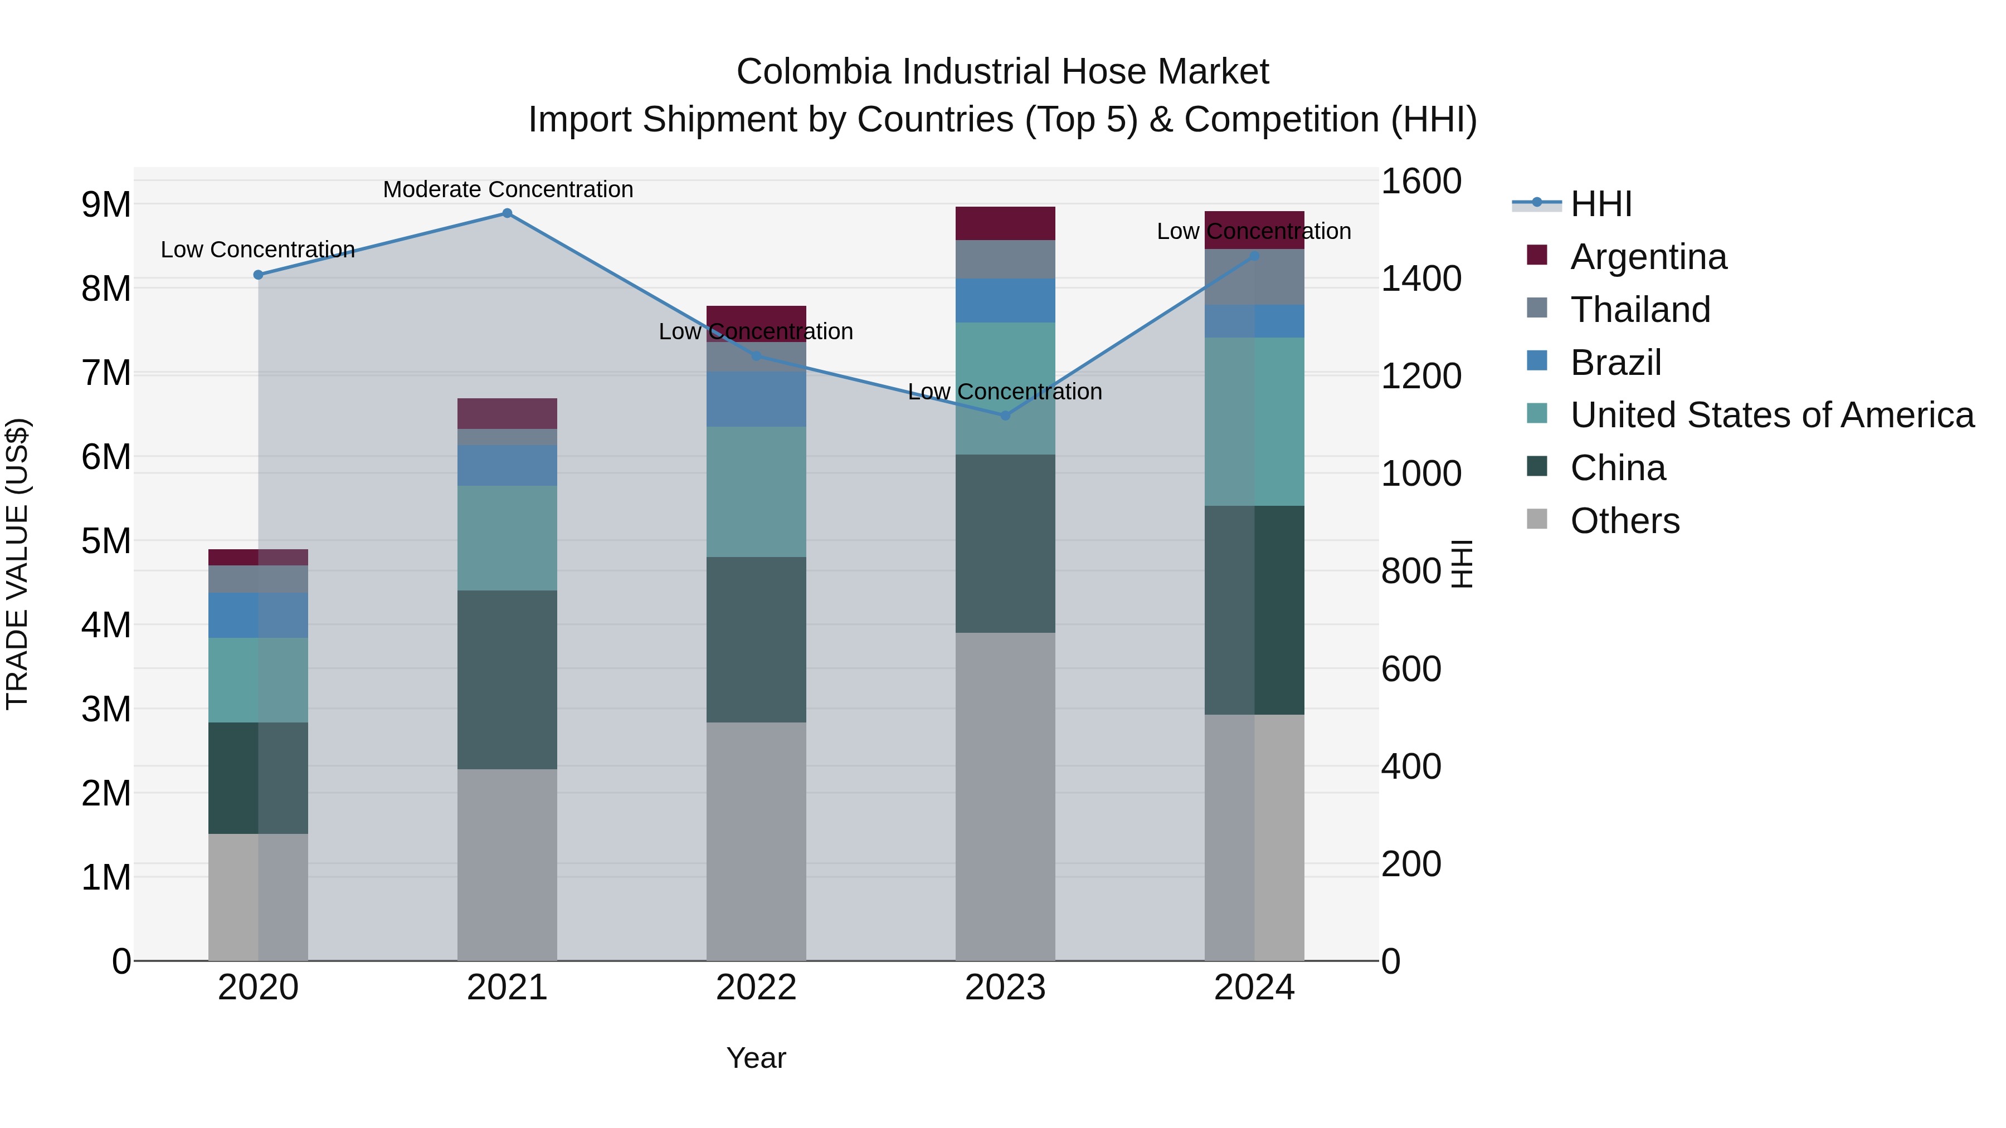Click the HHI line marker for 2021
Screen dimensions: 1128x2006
pos(507,213)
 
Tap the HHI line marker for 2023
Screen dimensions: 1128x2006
pos(1005,416)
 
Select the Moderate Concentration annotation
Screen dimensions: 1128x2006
pos(508,189)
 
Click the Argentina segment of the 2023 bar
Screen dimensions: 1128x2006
pos(1005,223)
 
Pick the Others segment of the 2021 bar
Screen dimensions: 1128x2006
pos(507,864)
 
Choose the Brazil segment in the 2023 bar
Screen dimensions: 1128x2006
pos(1005,300)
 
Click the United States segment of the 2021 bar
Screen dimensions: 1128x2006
pos(507,538)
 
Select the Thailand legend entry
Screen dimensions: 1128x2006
pos(1639,310)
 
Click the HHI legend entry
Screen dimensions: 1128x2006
pos(1600,204)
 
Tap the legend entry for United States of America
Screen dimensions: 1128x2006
pos(1771,415)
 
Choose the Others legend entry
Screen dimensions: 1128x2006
pos(1624,521)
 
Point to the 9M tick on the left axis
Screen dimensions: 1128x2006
pos(106,205)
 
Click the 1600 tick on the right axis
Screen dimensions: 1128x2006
pos(1421,182)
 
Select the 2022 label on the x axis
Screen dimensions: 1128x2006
pos(756,988)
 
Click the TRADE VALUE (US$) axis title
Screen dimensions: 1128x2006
pos(17,564)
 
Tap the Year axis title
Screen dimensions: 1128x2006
pos(756,1058)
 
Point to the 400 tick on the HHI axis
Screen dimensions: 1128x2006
pos(1410,767)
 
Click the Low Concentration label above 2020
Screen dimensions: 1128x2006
pos(258,250)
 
